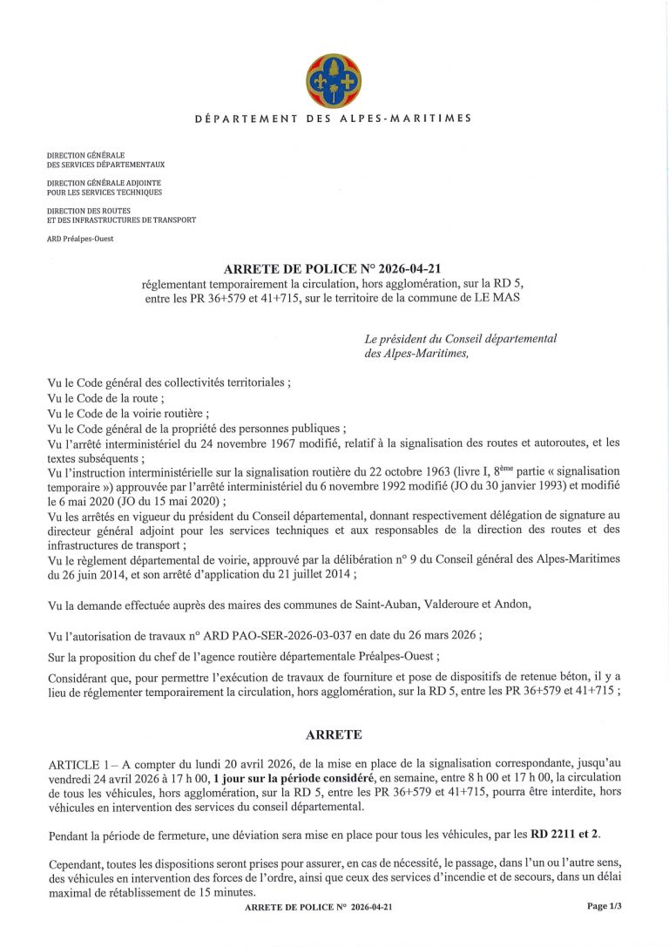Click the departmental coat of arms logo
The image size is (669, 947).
(333, 81)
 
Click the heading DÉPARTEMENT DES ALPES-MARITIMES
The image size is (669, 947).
(334, 118)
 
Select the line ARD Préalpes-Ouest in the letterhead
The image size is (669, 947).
(80, 238)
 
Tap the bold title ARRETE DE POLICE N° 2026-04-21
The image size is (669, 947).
(334, 269)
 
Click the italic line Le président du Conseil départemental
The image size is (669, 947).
(461, 338)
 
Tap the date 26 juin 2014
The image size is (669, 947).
(98, 573)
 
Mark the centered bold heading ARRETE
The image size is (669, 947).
(334, 734)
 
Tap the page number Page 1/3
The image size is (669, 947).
(604, 906)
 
